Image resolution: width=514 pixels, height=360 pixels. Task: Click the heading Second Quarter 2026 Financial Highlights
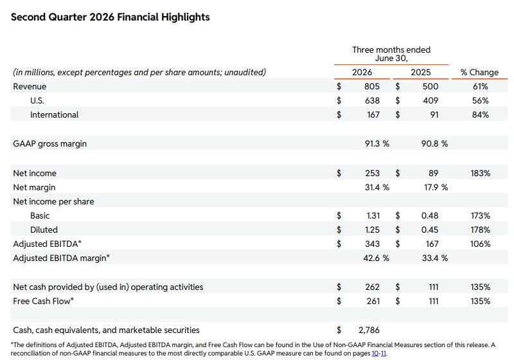(110, 17)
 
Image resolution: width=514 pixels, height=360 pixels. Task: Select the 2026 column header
(362, 72)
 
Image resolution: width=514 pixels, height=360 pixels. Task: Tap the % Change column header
(479, 72)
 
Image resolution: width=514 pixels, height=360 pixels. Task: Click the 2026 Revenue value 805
(372, 86)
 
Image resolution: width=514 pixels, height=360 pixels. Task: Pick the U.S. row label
(37, 100)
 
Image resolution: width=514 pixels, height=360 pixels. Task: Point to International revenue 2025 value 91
(434, 114)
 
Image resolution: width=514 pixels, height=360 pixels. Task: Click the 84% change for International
(480, 114)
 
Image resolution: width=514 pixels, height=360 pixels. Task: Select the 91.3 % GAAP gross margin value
(377, 143)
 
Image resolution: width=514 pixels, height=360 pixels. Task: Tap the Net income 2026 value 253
(373, 173)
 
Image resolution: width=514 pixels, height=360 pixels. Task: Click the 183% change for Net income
(480, 173)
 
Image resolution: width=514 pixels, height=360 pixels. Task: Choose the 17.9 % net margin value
(436, 187)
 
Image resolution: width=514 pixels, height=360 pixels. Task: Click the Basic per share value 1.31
(373, 215)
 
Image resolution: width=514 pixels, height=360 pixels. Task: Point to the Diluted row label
(44, 230)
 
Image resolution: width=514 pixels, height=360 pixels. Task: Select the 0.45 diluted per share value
(430, 230)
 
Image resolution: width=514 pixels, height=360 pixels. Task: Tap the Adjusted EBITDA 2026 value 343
(373, 244)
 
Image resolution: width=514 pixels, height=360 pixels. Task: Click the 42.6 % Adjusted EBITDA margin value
(377, 258)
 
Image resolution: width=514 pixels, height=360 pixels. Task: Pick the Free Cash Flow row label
(43, 301)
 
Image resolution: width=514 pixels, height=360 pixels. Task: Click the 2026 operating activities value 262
(373, 287)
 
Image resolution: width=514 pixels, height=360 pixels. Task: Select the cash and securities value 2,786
(369, 330)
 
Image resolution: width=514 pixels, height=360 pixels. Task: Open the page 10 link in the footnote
(375, 354)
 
